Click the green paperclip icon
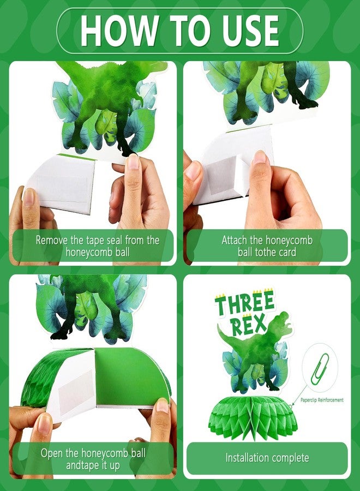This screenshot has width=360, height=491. click(320, 369)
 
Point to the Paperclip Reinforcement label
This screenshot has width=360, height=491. click(322, 400)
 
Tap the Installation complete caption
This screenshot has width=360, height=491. click(267, 458)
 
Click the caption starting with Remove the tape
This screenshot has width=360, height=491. click(97, 245)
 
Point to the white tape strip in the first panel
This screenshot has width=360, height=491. click(60, 183)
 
